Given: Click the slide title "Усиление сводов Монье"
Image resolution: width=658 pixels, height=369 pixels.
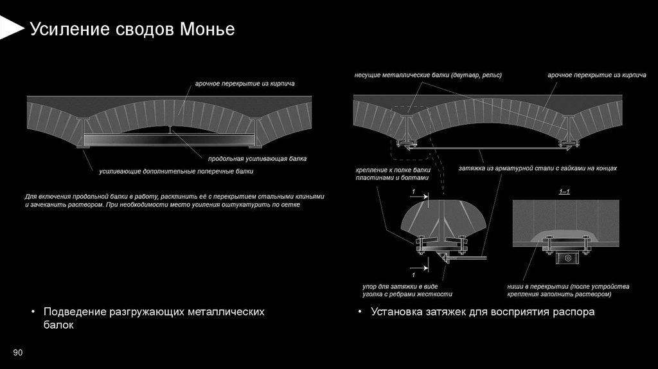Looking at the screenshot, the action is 132,30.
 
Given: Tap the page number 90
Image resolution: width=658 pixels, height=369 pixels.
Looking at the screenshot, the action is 17,352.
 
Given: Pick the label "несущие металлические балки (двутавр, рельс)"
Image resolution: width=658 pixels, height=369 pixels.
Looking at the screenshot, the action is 428,75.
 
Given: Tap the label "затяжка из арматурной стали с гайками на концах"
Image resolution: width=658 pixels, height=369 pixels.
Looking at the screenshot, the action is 537,168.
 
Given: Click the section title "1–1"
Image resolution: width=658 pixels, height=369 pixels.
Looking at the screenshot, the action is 565,192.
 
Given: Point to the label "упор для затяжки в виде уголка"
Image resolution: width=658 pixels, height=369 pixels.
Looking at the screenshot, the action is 403,290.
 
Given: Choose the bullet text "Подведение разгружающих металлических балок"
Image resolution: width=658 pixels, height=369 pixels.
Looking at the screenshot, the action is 154,318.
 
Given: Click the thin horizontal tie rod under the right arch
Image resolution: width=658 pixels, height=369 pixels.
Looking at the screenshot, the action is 488,148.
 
